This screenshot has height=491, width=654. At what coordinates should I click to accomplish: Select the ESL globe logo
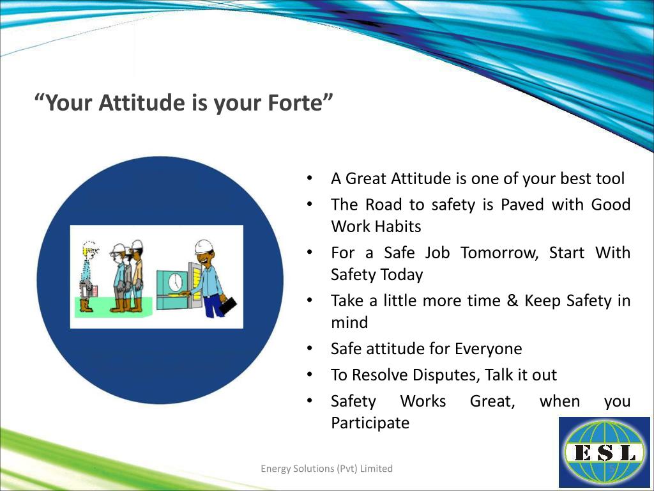click(604, 452)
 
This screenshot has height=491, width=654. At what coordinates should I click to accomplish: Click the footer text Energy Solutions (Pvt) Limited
click(326, 469)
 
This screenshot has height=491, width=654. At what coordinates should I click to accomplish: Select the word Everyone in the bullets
click(489, 349)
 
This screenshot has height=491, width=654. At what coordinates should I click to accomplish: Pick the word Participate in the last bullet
click(370, 423)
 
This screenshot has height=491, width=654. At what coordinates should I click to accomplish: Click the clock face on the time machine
click(176, 282)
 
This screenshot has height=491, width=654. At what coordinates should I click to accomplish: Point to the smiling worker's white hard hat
click(204, 247)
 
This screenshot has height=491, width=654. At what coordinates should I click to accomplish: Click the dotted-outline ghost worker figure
click(88, 276)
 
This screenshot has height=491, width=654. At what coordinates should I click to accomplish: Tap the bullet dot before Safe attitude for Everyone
click(309, 348)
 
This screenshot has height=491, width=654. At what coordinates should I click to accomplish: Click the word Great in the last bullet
click(492, 401)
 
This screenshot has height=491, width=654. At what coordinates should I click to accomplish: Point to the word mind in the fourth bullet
click(349, 323)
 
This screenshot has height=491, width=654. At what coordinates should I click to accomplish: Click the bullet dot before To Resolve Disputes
click(309, 375)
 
